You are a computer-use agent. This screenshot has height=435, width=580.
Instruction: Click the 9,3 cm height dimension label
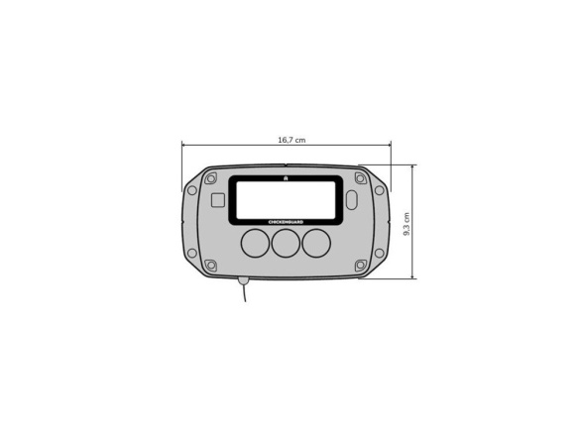(x=407, y=222)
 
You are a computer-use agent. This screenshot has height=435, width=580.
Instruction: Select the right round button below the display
(x=316, y=243)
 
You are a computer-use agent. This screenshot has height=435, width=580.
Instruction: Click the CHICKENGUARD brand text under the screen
(x=286, y=222)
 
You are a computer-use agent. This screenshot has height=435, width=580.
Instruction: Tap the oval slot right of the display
(x=352, y=200)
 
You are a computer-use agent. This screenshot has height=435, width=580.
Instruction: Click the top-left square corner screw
(x=210, y=179)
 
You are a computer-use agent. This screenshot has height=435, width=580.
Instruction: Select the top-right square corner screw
(x=360, y=179)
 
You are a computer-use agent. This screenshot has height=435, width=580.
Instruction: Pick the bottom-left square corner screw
(x=210, y=265)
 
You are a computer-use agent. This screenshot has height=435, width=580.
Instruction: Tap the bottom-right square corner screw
(x=360, y=265)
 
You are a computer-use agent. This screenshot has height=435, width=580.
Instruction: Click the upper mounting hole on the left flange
(x=192, y=190)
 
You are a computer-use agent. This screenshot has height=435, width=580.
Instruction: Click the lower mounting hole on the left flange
(x=192, y=253)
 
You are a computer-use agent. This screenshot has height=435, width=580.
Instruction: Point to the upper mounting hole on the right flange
(x=379, y=190)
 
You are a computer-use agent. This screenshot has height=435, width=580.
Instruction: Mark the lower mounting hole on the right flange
(x=379, y=253)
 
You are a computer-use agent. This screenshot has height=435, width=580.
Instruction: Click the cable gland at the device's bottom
(x=243, y=280)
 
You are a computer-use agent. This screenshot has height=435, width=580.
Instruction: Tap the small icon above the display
(x=286, y=178)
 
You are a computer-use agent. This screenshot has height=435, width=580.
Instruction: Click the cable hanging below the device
(x=245, y=295)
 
